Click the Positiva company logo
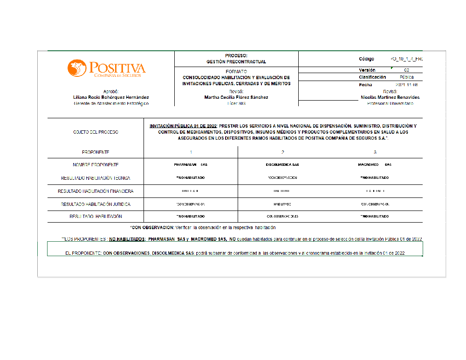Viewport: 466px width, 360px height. coord(106,68)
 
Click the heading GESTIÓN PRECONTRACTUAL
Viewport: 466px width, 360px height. coord(236,61)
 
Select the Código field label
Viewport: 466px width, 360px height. coord(366,59)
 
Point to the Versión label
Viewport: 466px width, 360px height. coord(367,70)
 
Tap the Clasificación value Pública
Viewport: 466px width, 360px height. coord(406,77)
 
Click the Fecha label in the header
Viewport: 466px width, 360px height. coord(365,85)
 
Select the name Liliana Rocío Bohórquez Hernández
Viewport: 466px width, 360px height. coord(111,97)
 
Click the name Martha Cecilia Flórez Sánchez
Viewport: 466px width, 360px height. coord(236,97)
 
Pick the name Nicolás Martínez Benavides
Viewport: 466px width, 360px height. coord(390,97)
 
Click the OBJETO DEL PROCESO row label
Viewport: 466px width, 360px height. coord(96,132)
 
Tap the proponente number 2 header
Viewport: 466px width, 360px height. coord(283,152)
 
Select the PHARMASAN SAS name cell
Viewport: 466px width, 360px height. coord(191,165)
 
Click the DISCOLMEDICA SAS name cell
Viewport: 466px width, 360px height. coord(282,165)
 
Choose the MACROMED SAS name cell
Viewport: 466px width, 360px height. coord(375,165)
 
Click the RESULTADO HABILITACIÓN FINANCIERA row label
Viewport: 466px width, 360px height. coord(96,191)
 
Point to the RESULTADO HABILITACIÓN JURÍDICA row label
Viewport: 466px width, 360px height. coord(96,204)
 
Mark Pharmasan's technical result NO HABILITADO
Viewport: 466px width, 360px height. coord(191,178)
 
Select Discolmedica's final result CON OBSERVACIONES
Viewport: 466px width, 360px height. coord(282,217)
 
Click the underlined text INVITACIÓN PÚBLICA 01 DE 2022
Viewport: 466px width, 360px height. coord(183,126)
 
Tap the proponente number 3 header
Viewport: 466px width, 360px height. coord(375,152)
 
